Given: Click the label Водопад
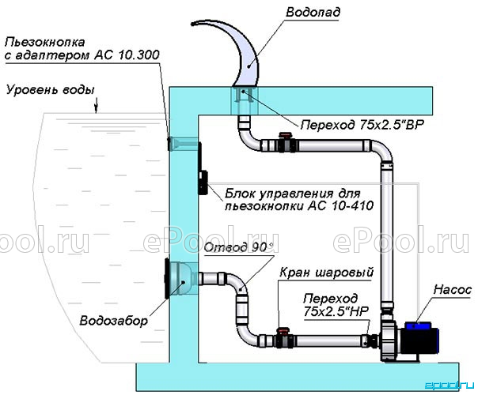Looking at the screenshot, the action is coord(313,12).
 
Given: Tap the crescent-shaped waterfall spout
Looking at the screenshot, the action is coord(245,58).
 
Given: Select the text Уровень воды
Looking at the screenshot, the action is coord(51,90).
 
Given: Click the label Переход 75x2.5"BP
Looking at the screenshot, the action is coord(362,125).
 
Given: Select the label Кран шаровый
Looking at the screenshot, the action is coord(327,273).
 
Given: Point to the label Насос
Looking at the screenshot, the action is coord(452,290).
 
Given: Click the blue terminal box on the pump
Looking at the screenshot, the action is coord(417,326).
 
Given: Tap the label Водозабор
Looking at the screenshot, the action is coord(113,321).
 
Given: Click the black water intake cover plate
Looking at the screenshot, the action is coord(167,278).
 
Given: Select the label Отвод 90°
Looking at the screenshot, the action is coord(235,247).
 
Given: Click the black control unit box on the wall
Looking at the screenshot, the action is coord(203,182).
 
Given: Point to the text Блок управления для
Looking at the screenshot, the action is coord(293,194).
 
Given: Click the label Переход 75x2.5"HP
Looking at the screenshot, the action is coord(336,305).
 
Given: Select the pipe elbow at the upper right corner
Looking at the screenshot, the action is coord(382,152).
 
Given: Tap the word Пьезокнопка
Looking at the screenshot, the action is coord(44,43).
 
